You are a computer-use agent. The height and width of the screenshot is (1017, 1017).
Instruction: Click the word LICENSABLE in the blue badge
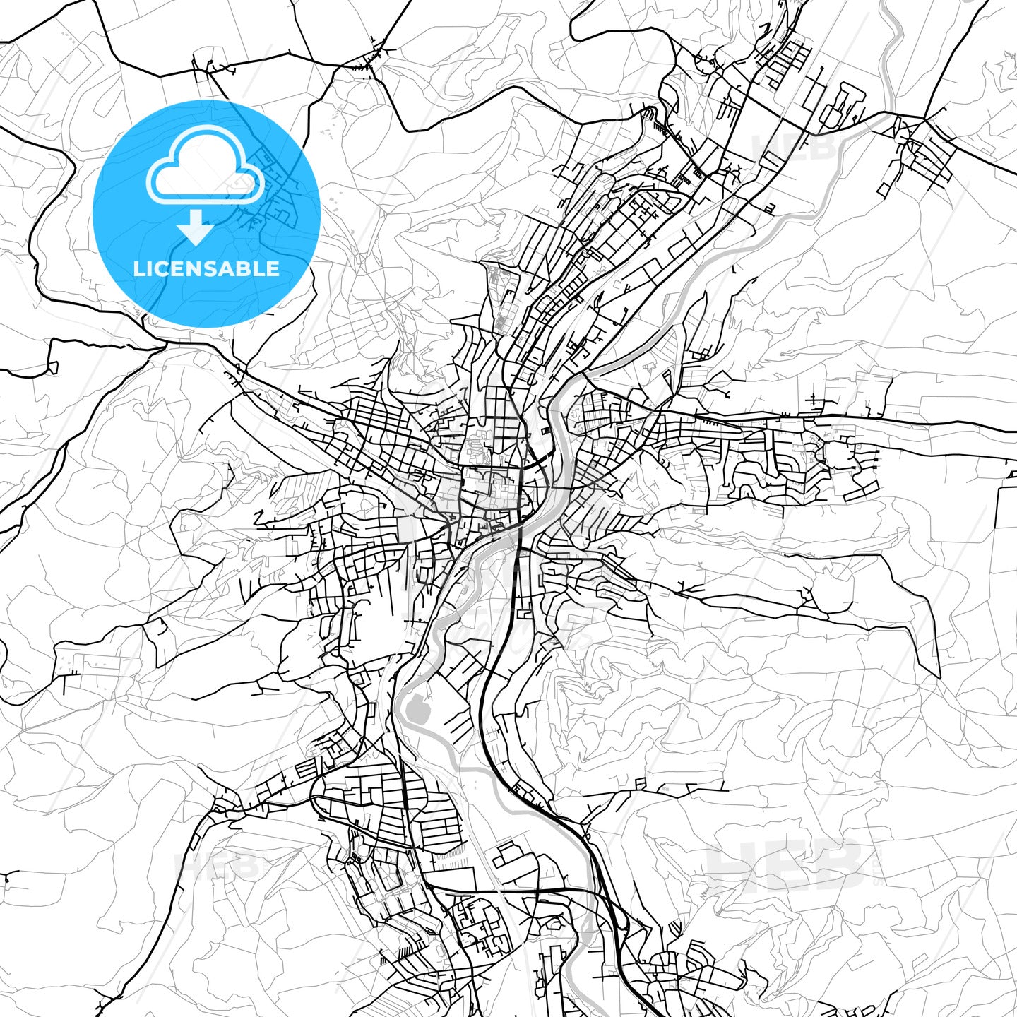(x=206, y=269)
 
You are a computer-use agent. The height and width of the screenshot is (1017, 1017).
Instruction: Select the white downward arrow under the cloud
(x=196, y=228)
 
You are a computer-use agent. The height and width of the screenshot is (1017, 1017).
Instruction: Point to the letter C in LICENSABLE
(x=167, y=269)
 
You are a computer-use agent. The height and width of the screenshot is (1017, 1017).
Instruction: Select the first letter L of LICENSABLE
(x=140, y=269)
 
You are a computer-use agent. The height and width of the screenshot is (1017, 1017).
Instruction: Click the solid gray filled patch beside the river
(x=417, y=709)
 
